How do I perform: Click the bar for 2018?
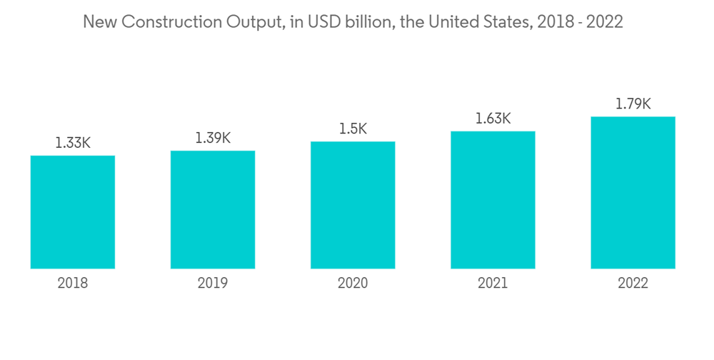click(73, 212)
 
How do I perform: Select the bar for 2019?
click(213, 210)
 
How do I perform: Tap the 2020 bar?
click(353, 205)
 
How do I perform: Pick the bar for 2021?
click(493, 200)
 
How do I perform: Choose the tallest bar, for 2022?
click(633, 193)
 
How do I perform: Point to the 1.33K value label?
click(73, 143)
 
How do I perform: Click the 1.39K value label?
click(213, 138)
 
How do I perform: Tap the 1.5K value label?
click(353, 129)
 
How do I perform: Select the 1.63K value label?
click(493, 119)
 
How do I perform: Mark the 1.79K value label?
click(633, 104)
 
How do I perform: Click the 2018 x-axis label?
click(73, 284)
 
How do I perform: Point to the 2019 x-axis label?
click(213, 284)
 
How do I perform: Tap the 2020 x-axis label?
click(353, 284)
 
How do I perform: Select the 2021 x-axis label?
click(493, 284)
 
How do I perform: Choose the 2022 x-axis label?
click(633, 284)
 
